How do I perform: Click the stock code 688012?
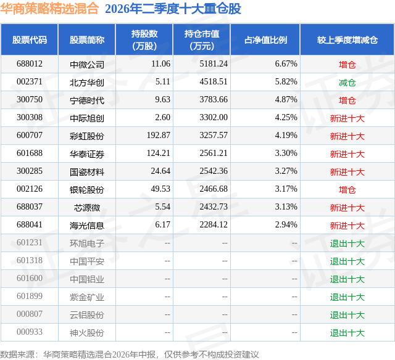coord(30,64)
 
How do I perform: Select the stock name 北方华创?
coord(87,83)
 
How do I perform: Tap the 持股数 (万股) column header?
coord(144,39)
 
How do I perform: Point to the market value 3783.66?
coord(214,100)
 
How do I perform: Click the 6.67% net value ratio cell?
coord(286,64)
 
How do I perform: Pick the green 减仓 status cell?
coord(347,83)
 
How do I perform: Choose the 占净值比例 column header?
coord(265,40)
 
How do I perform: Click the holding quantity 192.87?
coord(159,136)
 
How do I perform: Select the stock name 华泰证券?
coord(87,154)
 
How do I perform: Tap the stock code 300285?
coord(30,171)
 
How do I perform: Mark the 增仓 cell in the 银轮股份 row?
coord(347,190)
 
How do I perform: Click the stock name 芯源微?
coord(87,208)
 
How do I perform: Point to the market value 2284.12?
coord(214,224)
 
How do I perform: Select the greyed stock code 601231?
coord(30,242)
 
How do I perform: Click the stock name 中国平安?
coord(87,261)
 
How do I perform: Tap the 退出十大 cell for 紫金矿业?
coord(347,297)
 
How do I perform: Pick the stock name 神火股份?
coord(87,333)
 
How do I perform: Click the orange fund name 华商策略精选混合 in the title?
coord(49,9)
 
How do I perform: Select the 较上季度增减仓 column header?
coord(347,40)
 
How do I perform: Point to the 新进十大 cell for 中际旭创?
coord(347,118)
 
